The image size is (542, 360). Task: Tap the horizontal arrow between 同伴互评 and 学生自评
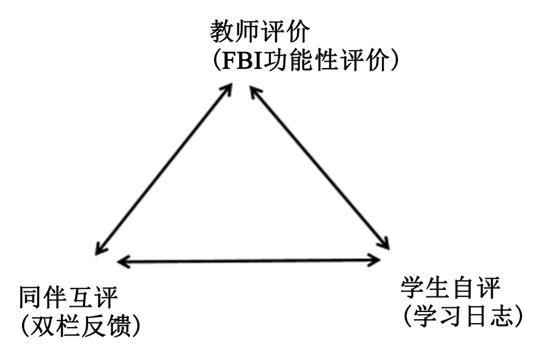click(x=250, y=261)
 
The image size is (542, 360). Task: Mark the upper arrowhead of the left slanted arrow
click(x=227, y=90)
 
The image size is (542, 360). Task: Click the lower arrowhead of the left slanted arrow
click(x=99, y=248)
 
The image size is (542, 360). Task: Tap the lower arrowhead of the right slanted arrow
click(x=384, y=244)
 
